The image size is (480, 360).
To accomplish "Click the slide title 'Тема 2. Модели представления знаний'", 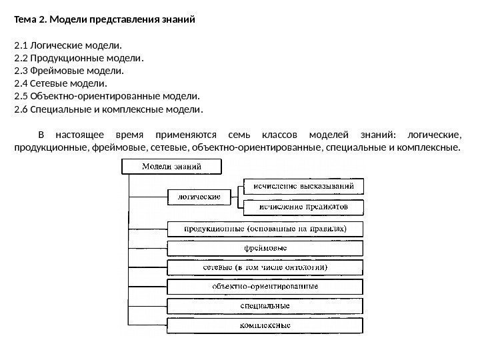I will (105, 19).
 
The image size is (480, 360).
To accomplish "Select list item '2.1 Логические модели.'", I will (69, 45).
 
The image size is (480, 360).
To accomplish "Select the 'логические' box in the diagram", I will (199, 197).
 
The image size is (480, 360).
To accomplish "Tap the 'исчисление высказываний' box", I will (303, 185).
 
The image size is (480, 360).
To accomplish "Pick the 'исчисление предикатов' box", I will (303, 207).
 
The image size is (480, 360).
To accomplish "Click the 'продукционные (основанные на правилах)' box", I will (265, 229).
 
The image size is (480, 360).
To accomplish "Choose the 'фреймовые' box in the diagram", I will (265, 248).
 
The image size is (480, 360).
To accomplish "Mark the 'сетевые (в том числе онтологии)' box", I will (265, 267).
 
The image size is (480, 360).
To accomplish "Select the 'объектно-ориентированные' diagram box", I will (265, 287).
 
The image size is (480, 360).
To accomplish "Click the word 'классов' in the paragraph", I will (280, 134).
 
